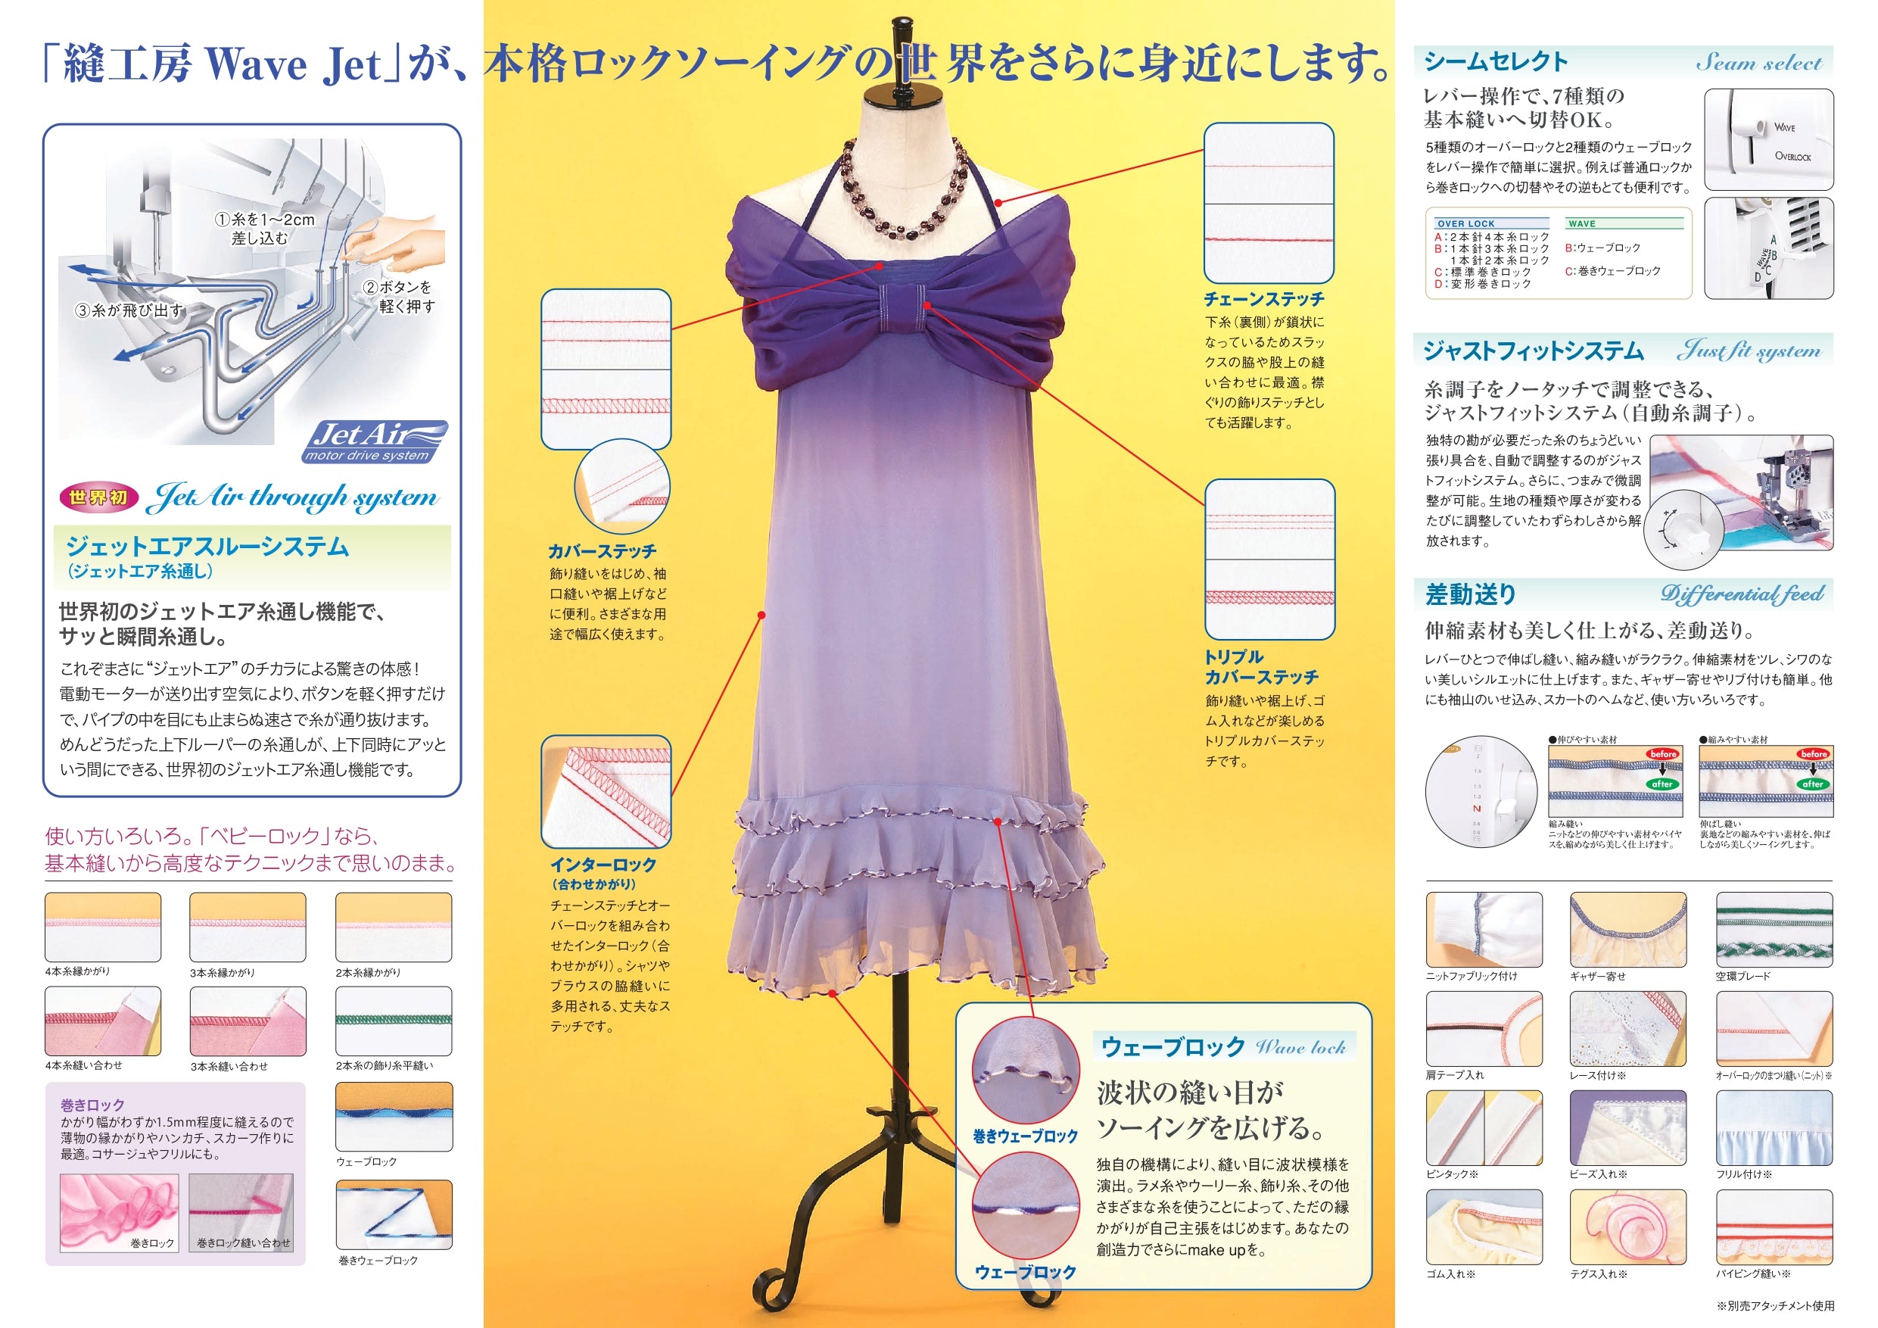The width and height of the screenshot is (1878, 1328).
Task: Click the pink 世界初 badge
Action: (98, 497)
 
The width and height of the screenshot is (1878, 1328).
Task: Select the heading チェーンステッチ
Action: (1263, 300)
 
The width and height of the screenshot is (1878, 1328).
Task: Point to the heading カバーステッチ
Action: (602, 551)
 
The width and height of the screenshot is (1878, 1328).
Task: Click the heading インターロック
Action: (603, 864)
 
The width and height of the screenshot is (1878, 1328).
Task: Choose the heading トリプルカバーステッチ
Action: (1261, 667)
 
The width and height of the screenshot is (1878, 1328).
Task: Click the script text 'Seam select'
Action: (1758, 63)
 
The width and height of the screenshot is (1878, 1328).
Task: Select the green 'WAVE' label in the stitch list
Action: (1582, 223)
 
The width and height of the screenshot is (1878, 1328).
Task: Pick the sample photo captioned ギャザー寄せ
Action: (1627, 930)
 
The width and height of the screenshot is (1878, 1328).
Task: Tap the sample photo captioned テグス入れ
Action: (1627, 1227)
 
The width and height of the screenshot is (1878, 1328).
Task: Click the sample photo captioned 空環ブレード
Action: (1774, 930)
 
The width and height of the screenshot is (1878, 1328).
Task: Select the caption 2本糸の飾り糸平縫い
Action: (385, 1065)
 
